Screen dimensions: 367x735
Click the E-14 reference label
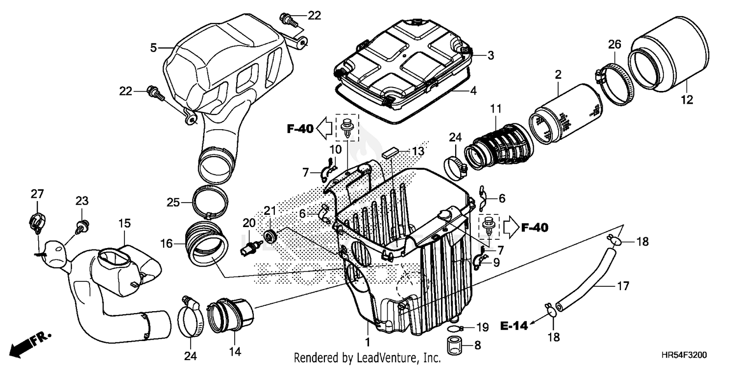click(x=514, y=326)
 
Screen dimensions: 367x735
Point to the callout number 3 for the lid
click(x=490, y=56)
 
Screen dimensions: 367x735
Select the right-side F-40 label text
click(x=535, y=228)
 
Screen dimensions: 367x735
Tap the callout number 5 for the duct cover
click(x=153, y=48)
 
